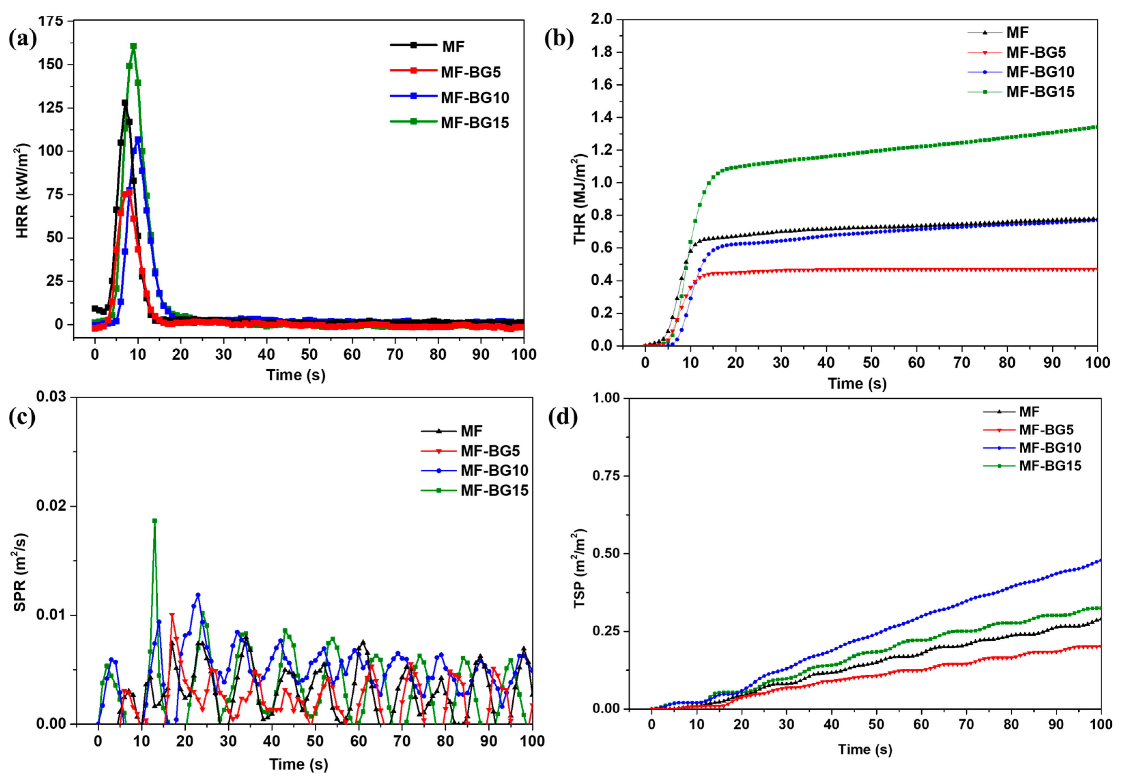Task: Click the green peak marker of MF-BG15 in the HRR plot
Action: click(x=133, y=46)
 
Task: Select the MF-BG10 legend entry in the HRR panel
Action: click(x=474, y=97)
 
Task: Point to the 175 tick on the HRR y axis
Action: click(x=51, y=21)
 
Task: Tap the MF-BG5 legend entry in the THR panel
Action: click(x=1036, y=52)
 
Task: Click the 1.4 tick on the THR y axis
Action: click(x=601, y=117)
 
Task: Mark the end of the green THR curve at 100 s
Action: click(x=1097, y=127)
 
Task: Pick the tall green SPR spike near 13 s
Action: click(x=155, y=521)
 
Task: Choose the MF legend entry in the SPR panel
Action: click(x=471, y=431)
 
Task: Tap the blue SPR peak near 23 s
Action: click(x=198, y=595)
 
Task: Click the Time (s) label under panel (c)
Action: click(x=298, y=764)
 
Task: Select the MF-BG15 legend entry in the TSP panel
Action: click(x=1050, y=466)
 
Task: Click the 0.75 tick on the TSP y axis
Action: click(x=606, y=475)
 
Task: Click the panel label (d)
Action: click(x=563, y=417)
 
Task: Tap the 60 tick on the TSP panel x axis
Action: click(x=921, y=724)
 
